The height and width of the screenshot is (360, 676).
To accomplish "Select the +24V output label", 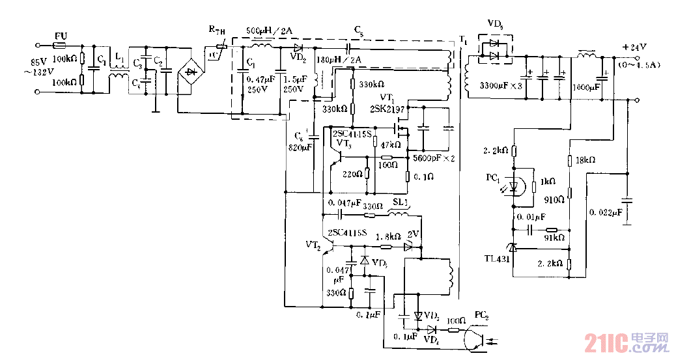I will tap(634, 46).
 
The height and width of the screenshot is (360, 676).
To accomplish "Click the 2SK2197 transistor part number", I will tap(388, 109).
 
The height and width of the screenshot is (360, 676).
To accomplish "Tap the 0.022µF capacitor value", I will tap(606, 212).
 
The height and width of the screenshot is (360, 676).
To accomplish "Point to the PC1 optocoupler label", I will tap(492, 178).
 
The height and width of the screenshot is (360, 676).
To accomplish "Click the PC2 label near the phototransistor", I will tap(483, 315).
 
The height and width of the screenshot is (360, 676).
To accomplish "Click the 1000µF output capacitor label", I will tap(585, 86).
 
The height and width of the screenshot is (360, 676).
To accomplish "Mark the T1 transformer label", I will tap(463, 41).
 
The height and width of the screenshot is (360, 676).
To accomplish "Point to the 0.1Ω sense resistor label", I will tap(423, 176).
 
